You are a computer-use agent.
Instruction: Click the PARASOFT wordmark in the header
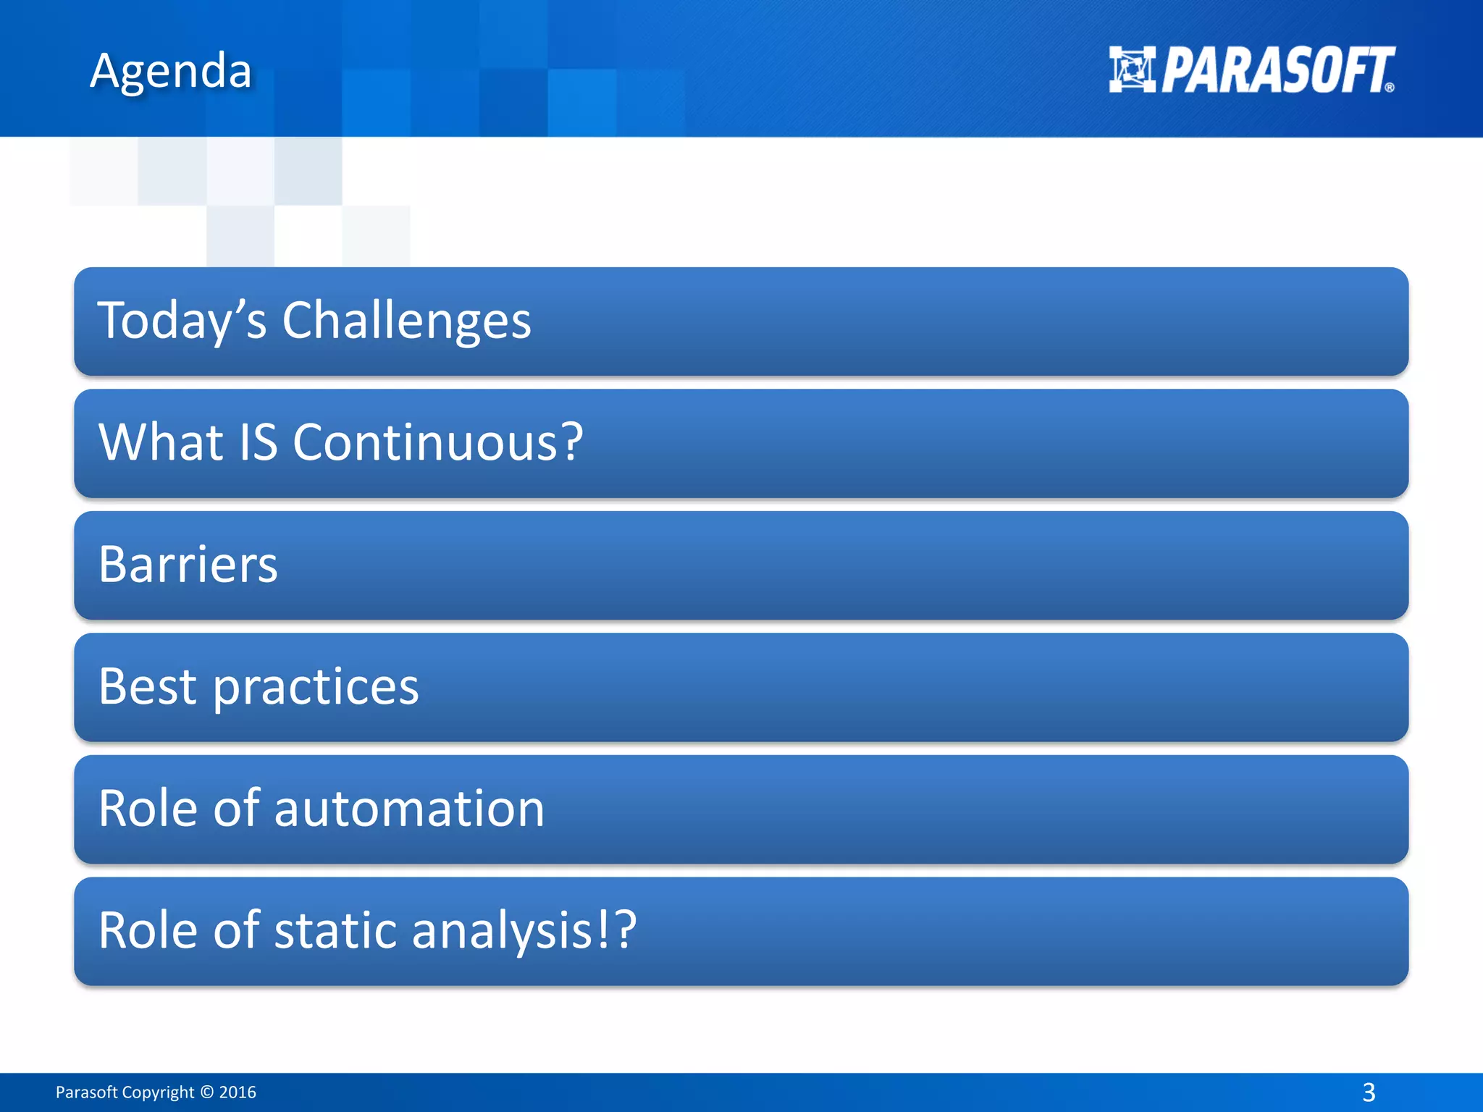point(1277,70)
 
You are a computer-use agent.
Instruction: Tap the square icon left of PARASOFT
point(1132,69)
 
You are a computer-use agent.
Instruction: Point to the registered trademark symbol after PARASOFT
point(1389,88)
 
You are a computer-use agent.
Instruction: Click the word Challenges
point(406,321)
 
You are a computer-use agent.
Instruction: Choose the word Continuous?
point(437,442)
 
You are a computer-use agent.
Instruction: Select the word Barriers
point(188,565)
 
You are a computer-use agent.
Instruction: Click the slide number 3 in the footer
point(1369,1092)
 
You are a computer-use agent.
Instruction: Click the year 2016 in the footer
point(238,1092)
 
